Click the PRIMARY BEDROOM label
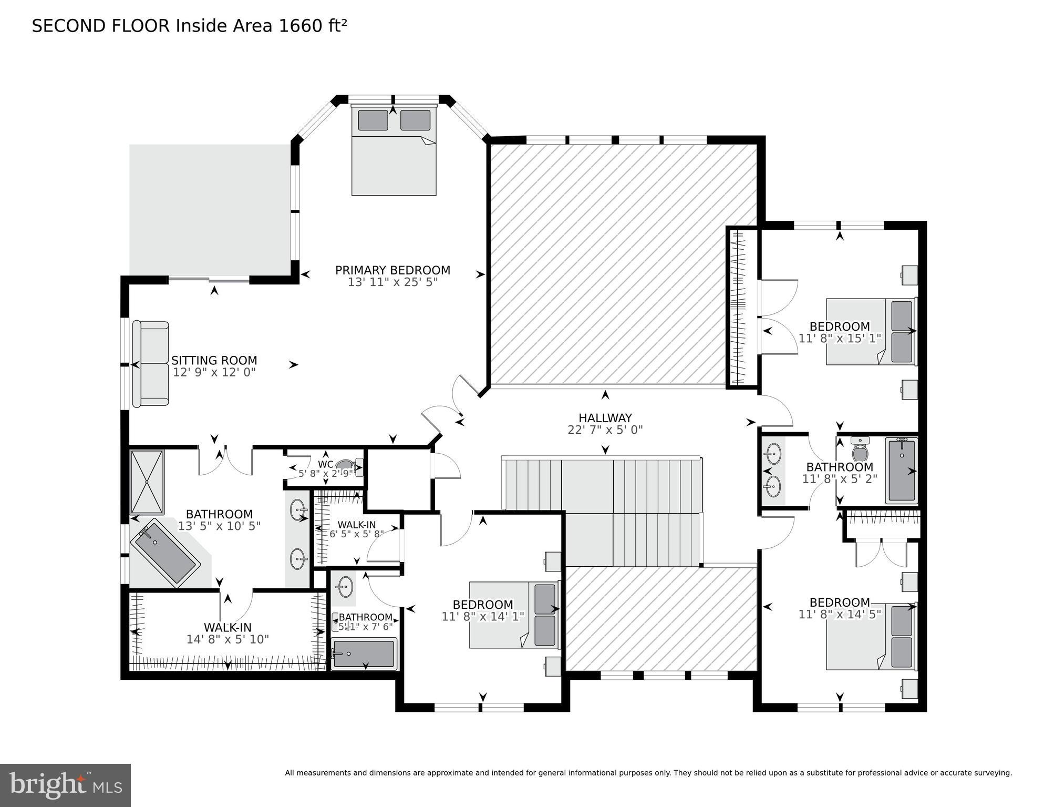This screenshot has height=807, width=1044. point(392,270)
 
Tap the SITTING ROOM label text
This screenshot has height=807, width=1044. point(214,361)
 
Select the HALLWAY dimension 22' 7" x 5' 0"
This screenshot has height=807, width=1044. point(605,430)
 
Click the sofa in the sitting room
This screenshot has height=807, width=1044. point(151,364)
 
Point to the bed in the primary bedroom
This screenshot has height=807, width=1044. point(394,152)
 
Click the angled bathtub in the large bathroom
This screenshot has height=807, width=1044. point(166,554)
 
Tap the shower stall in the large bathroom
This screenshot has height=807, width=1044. point(147,482)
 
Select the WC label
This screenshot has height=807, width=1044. point(325,465)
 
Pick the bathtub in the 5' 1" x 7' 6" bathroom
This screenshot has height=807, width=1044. point(364,654)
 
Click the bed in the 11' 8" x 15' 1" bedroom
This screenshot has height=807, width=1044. point(870,332)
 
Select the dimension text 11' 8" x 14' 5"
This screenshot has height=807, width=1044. point(839,614)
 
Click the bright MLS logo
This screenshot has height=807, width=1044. point(65,785)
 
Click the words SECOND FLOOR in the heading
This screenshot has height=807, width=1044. point(101,26)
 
